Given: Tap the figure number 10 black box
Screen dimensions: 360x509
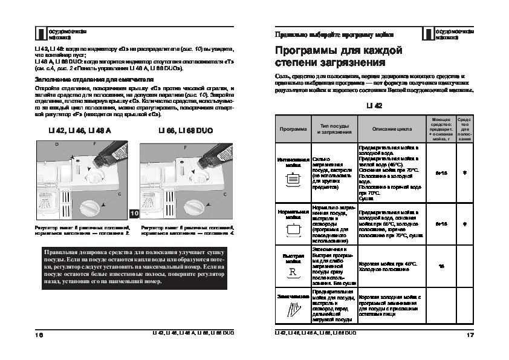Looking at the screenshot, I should click(134, 214).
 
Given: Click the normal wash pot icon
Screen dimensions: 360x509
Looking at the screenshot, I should click(293, 229).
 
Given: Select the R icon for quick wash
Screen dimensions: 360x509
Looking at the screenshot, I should click(293, 270).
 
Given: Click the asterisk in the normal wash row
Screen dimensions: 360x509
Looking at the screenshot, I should click(465, 224).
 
